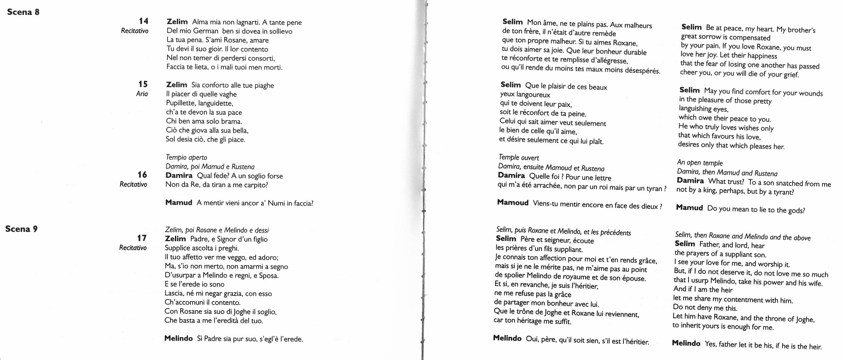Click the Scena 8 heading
click(23, 12)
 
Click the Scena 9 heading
click(22, 229)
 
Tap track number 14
click(143, 21)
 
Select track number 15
click(143, 84)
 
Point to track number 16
click(142, 175)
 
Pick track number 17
click(142, 238)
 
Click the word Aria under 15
click(142, 94)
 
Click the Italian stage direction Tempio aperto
click(186, 157)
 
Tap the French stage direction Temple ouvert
click(519, 157)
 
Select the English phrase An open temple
click(700, 163)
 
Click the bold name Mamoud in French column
click(513, 203)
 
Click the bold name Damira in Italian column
click(179, 175)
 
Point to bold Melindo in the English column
click(686, 343)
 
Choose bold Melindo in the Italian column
click(178, 338)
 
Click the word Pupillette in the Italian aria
click(181, 103)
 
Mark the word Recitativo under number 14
click(135, 31)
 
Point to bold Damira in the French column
click(511, 175)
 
